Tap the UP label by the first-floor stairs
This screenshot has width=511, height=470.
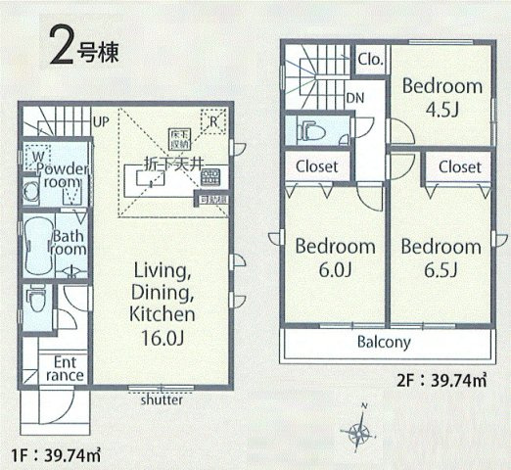tap(100, 121)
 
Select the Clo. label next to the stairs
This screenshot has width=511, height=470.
tap(370, 60)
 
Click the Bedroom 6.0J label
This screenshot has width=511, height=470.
tap(335, 257)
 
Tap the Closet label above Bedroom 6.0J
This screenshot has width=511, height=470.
tap(317, 167)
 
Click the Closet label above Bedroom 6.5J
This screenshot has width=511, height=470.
tap(459, 167)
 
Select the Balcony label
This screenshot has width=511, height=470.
tap(383, 344)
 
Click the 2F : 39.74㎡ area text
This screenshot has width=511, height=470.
tap(442, 380)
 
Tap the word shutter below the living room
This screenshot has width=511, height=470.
tap(161, 399)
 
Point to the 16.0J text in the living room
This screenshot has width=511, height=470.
tap(161, 336)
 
